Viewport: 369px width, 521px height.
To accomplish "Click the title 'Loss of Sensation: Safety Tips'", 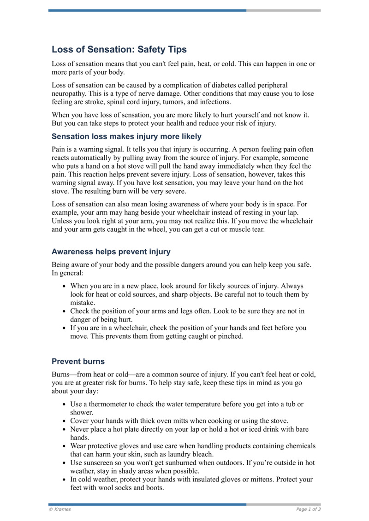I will [119, 50].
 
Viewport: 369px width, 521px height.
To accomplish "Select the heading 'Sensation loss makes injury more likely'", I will [126, 136].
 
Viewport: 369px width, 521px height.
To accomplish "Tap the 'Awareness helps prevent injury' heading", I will [111, 252].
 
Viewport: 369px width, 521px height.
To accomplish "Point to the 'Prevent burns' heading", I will [78, 361].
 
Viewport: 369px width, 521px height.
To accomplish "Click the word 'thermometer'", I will [109, 404].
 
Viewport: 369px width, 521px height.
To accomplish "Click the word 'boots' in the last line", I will [155, 488].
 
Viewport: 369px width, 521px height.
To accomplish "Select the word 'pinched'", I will [231, 336].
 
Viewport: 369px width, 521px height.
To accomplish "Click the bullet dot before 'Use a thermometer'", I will [64, 404].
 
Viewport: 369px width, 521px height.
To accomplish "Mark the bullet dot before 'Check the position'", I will [64, 311].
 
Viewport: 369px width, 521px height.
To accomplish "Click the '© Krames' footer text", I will [60, 509].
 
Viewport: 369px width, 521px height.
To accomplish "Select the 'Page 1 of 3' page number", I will [308, 509].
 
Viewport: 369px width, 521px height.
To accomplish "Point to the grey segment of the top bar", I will [283, 10].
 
